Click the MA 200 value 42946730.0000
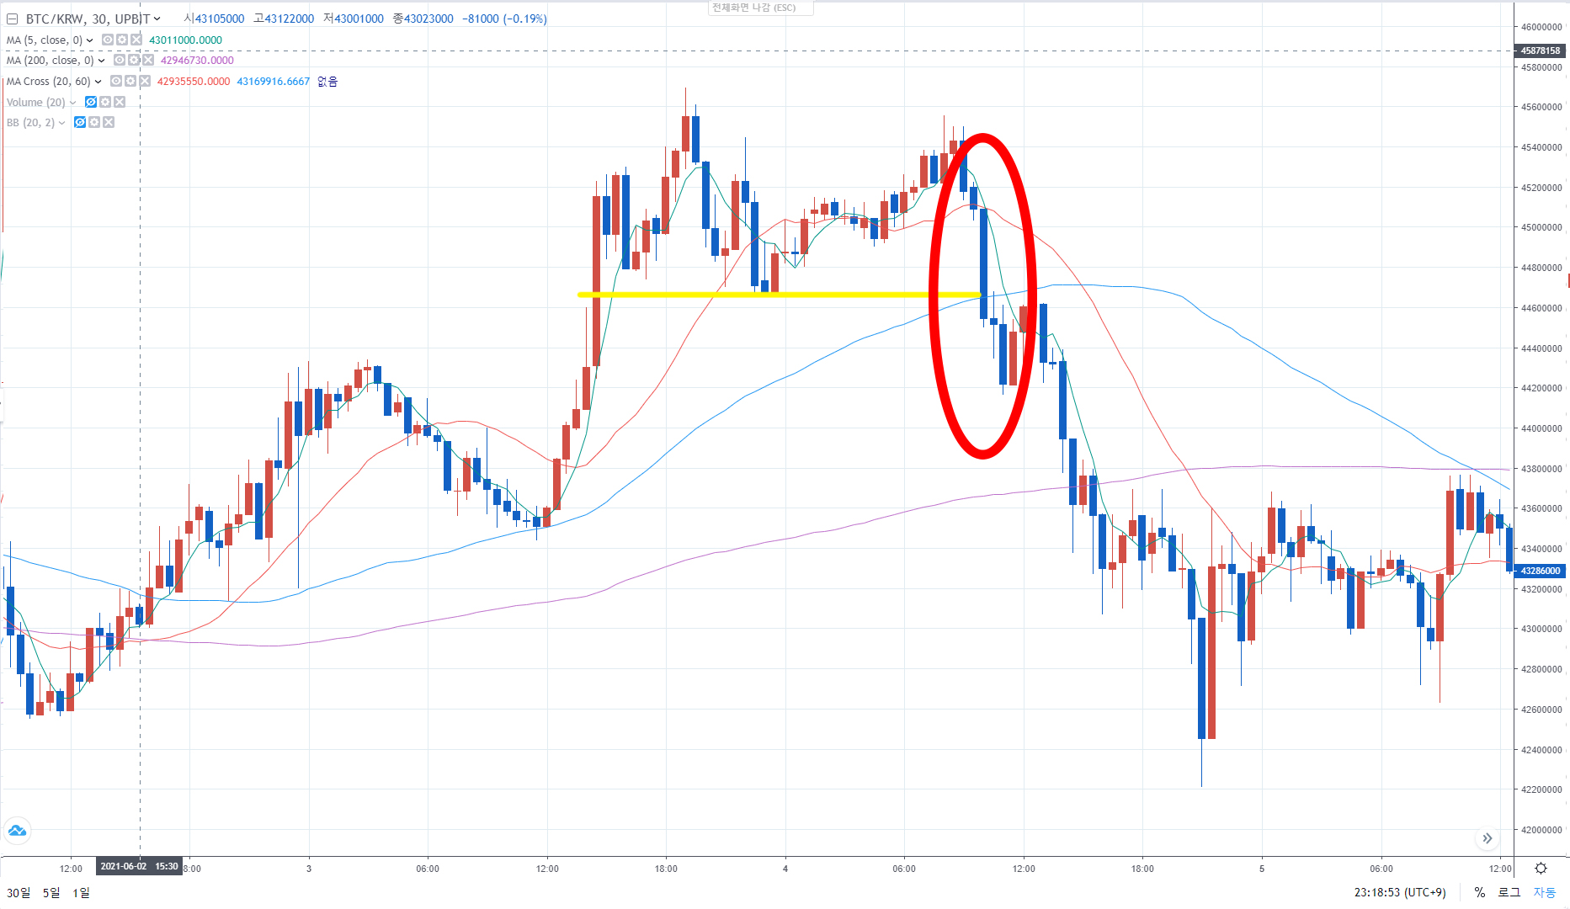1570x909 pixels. coord(197,61)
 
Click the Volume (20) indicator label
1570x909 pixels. coord(35,102)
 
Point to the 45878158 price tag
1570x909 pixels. coord(1540,50)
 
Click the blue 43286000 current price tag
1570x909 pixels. coord(1540,571)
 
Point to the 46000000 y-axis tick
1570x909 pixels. coord(1541,27)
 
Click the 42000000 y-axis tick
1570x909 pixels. coord(1541,830)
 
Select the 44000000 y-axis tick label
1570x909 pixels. coord(1541,428)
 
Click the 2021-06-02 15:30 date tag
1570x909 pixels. coord(139,867)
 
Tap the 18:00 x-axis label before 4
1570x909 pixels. coord(666,869)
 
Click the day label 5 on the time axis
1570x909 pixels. coord(1262,869)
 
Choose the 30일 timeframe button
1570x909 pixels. coord(19,892)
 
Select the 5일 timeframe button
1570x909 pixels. coord(51,892)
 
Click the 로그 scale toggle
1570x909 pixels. coord(1509,892)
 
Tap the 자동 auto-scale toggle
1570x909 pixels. coord(1544,892)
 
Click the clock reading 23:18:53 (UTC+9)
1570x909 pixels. coord(1400,892)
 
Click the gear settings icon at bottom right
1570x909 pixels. coord(1541,869)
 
